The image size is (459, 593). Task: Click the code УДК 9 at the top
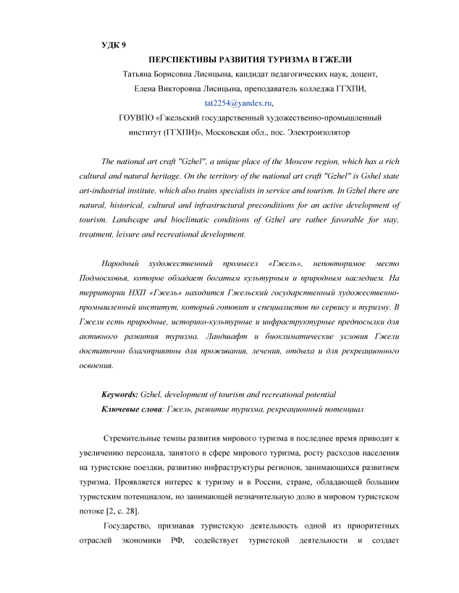tap(114, 45)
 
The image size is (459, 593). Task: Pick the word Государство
tap(130, 526)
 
